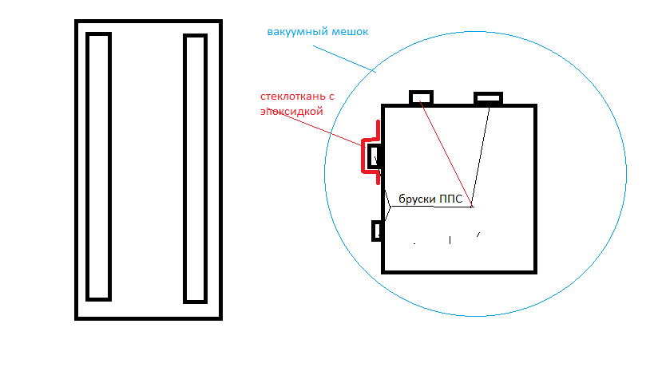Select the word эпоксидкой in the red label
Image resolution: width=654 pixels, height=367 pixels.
291,111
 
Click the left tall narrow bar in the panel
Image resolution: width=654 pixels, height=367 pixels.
98,166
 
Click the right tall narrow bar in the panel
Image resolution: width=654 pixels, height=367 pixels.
195,168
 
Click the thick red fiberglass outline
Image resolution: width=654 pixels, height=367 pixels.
363,156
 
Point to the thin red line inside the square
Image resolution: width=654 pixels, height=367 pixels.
446,154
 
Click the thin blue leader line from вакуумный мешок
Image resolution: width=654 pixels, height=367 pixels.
344,59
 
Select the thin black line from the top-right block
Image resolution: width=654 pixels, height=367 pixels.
481,157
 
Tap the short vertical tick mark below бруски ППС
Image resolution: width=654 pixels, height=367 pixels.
450,240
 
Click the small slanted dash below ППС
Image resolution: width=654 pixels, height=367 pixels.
478,235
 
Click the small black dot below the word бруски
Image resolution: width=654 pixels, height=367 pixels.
414,243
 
